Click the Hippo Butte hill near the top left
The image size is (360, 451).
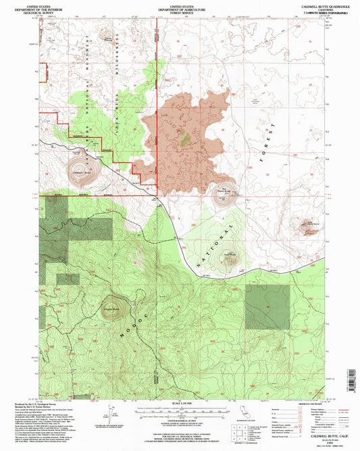tap(106, 36)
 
